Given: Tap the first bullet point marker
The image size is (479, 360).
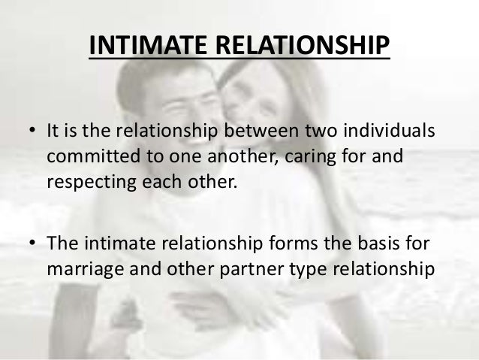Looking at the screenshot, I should click(33, 133).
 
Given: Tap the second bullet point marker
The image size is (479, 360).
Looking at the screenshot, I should click(33, 243).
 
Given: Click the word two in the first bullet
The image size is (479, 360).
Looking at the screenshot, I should click(314, 133).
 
